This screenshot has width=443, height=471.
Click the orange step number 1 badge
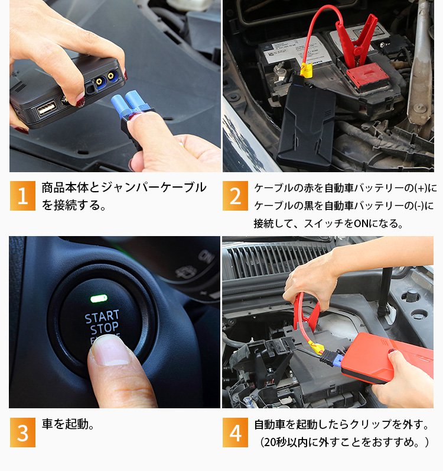click(22, 195)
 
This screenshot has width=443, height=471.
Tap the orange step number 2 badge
click(235, 195)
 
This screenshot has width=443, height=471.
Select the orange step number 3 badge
click(22, 433)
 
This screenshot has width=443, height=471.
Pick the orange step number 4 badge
click(235, 433)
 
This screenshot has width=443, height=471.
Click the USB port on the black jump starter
click(47, 108)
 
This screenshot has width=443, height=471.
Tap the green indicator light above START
click(99, 298)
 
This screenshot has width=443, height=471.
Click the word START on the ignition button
click(102, 317)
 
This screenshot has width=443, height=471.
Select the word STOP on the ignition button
click(104, 328)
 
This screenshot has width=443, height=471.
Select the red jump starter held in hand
click(387, 357)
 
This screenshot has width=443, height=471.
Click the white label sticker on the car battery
click(295, 49)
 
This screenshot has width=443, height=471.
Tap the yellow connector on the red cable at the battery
click(306, 70)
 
